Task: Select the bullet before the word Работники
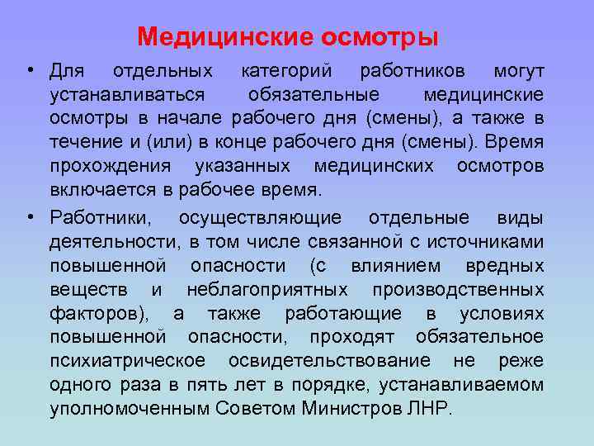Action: (30, 217)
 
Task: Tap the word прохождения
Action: (110, 166)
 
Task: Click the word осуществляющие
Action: (261, 218)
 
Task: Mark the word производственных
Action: (458, 290)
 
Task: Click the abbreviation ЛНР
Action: (429, 409)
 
